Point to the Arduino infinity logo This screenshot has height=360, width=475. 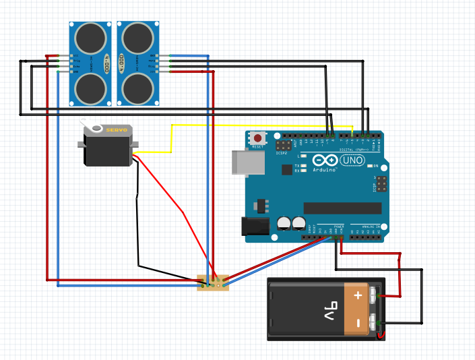pyautogui.click(x=324, y=161)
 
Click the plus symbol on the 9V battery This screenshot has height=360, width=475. pyautogui.click(x=357, y=295)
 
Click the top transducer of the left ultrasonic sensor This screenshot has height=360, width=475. pyautogui.click(x=90, y=36)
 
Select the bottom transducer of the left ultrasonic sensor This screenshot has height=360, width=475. pyautogui.click(x=90, y=87)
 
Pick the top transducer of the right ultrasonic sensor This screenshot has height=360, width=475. pyautogui.click(x=137, y=36)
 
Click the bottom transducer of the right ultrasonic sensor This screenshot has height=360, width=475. pyautogui.click(x=137, y=87)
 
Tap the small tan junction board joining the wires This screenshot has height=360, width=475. pyautogui.click(x=213, y=283)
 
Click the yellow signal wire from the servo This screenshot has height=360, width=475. pyautogui.click(x=172, y=138)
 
